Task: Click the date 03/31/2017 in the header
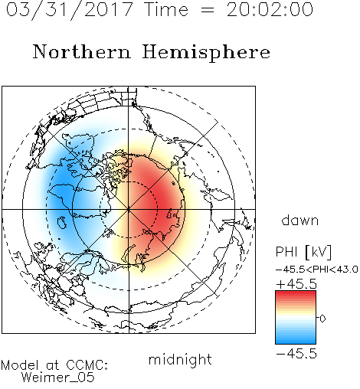pyautogui.click(x=69, y=10)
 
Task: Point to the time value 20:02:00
pyautogui.click(x=270, y=10)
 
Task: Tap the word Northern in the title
pyautogui.click(x=82, y=51)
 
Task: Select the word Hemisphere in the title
pyautogui.click(x=206, y=53)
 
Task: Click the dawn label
pyautogui.click(x=300, y=221)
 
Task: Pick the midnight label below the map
pyautogui.click(x=180, y=359)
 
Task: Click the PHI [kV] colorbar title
pyautogui.click(x=303, y=252)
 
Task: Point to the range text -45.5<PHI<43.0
pyautogui.click(x=316, y=270)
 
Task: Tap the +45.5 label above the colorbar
pyautogui.click(x=296, y=284)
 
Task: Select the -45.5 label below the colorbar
pyautogui.click(x=296, y=354)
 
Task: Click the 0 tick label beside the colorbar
pyautogui.click(x=322, y=319)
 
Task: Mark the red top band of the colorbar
pyautogui.click(x=296, y=293)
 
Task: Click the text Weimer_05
pyautogui.click(x=58, y=378)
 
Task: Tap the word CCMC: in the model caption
pyautogui.click(x=87, y=365)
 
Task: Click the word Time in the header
pyautogui.click(x=166, y=10)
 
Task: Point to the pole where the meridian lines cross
pyautogui.click(x=129, y=209)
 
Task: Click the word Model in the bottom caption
pyautogui.click(x=20, y=365)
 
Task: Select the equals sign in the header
pyautogui.click(x=208, y=10)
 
